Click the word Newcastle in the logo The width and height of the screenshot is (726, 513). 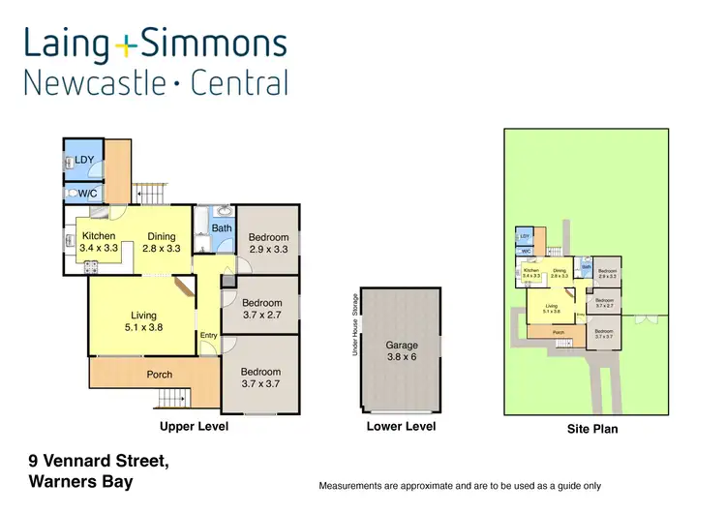click(93, 83)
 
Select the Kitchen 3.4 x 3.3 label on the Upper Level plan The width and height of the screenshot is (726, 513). click(100, 242)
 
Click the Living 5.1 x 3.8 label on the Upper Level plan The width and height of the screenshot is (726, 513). click(143, 321)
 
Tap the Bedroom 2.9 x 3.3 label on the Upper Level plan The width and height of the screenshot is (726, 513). click(268, 243)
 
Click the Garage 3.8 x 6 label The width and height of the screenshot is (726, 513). click(402, 350)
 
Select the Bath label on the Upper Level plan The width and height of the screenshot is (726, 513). click(222, 228)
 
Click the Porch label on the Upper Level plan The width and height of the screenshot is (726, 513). click(159, 375)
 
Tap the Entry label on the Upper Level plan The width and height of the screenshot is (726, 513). click(208, 336)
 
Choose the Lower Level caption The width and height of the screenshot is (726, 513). click(401, 426)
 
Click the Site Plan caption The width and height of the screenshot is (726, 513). click(591, 429)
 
